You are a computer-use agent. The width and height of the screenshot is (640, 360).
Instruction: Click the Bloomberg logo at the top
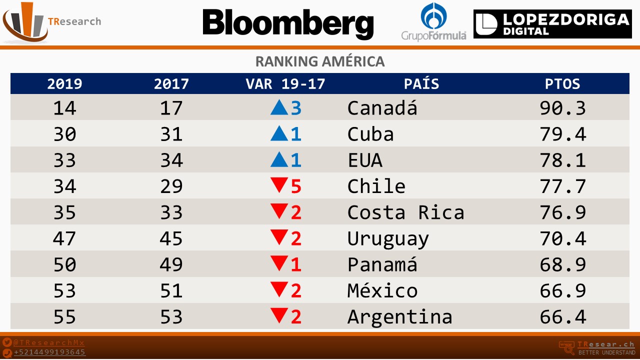tap(288, 23)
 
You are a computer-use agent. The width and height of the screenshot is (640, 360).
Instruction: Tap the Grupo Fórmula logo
tap(433, 21)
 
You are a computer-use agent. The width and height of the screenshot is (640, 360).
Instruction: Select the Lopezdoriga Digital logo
tap(552, 24)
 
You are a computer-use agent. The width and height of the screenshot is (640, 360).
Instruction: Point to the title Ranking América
tap(319, 61)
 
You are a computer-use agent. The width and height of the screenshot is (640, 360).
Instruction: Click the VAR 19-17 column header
tap(285, 84)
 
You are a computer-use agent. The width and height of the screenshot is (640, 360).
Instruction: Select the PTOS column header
tap(562, 84)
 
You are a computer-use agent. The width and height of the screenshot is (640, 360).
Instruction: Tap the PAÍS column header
tap(421, 84)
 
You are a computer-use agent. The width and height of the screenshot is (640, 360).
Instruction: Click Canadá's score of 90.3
tap(562, 108)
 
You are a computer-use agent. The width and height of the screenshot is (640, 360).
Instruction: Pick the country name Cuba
tap(370, 134)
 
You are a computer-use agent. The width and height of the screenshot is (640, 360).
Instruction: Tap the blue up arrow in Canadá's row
tap(278, 108)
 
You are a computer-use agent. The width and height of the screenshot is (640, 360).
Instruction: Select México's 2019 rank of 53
tap(64, 291)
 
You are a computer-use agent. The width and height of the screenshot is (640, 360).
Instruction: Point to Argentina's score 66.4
tap(562, 317)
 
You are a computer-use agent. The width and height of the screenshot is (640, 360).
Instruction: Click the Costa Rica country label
tap(405, 212)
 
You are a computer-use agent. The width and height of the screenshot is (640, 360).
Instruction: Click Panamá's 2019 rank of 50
tap(64, 265)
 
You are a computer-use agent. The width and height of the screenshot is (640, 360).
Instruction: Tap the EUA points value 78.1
tap(562, 160)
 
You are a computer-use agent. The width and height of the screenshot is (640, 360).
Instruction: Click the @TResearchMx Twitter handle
tap(49, 343)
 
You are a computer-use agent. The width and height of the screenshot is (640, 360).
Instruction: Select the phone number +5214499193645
tap(49, 352)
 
